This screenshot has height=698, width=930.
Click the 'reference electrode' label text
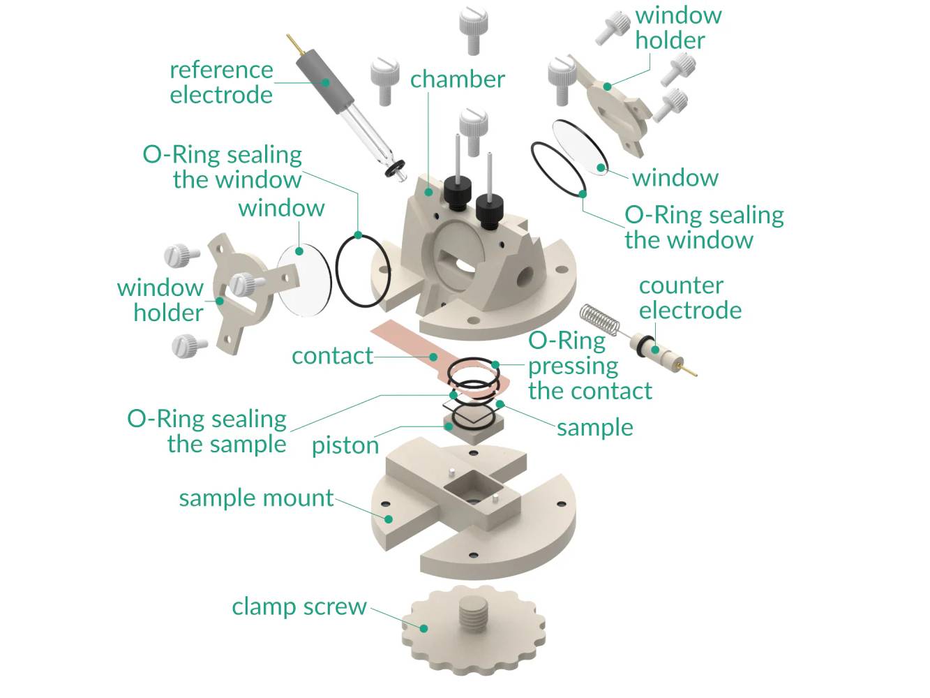click(x=221, y=82)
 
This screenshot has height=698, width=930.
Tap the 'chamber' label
click(x=457, y=80)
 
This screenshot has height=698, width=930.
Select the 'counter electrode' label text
click(x=689, y=297)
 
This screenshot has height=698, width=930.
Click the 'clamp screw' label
click(x=299, y=606)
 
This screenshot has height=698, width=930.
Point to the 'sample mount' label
click(x=256, y=498)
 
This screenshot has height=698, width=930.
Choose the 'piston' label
click(x=345, y=445)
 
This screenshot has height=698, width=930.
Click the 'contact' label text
click(x=332, y=355)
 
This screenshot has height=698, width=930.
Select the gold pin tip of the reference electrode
click(x=292, y=43)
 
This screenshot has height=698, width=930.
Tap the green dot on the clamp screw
click(x=423, y=628)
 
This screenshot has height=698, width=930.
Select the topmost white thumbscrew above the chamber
click(x=473, y=28)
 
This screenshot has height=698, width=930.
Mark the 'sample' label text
click(x=594, y=427)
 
